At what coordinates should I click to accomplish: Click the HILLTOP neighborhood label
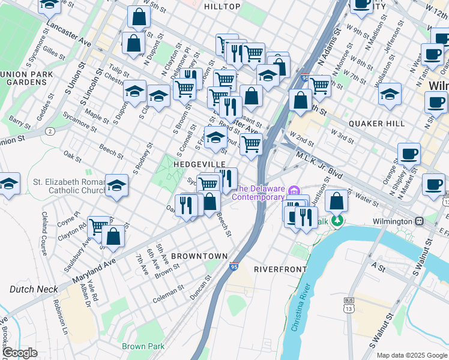click(222, 7)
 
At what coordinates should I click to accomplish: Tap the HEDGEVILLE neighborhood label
click(199, 164)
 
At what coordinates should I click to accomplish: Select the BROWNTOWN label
click(199, 256)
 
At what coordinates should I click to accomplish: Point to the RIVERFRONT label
click(280, 269)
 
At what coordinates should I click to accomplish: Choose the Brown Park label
click(143, 346)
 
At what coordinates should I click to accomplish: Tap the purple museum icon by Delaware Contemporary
click(294, 191)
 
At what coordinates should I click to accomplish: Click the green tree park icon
click(339, 221)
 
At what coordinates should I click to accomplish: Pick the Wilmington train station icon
click(419, 221)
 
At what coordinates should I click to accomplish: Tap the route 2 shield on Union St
click(50, 131)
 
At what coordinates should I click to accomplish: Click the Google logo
click(19, 353)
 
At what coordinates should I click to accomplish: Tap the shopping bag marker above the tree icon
click(337, 202)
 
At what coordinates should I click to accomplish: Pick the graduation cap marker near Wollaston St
click(390, 94)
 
